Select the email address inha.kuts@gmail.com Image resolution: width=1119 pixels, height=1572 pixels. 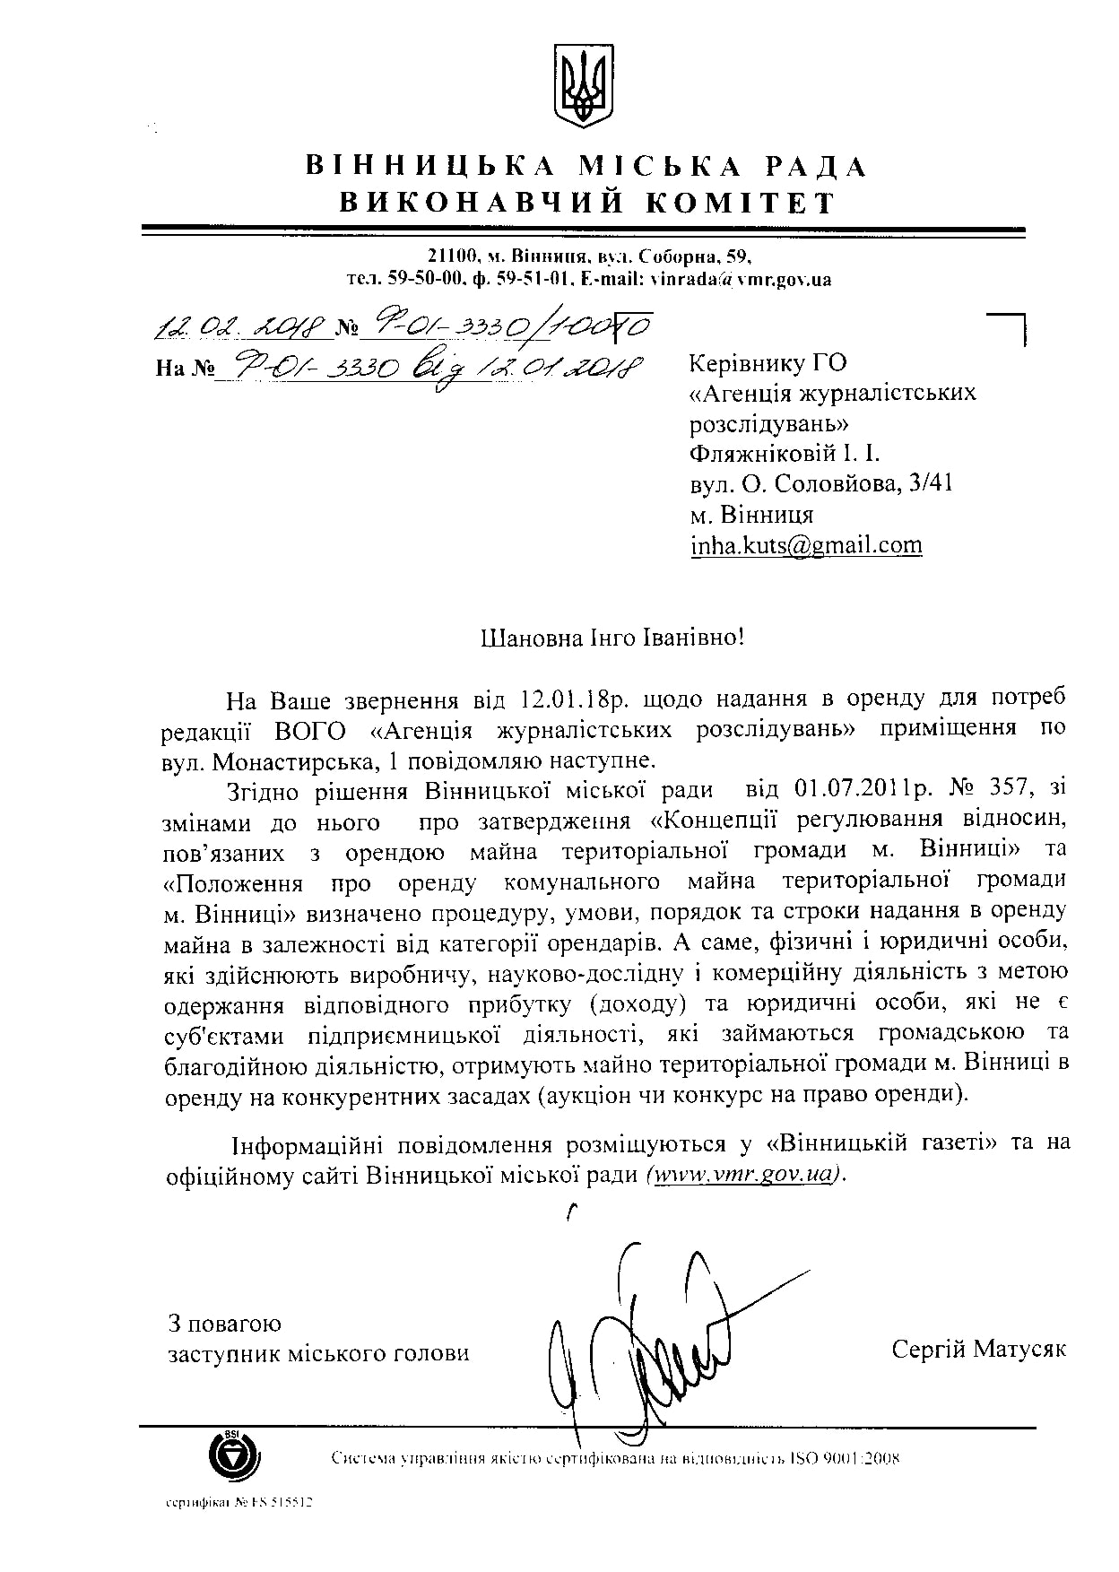tap(805, 545)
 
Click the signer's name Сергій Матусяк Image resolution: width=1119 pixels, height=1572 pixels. tap(978, 1349)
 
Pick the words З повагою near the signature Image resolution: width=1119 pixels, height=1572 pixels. tap(225, 1323)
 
